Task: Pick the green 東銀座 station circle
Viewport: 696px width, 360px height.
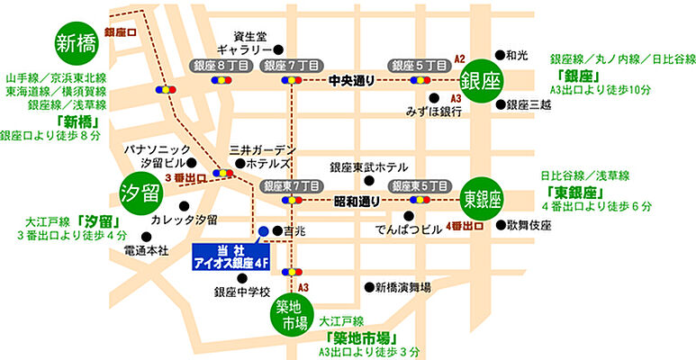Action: click(483, 197)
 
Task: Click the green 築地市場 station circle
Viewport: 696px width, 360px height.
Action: click(294, 316)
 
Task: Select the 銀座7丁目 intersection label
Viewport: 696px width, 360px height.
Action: click(287, 66)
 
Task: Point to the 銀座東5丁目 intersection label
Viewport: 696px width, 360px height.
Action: click(419, 184)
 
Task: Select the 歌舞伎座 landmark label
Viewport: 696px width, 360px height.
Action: click(529, 224)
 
